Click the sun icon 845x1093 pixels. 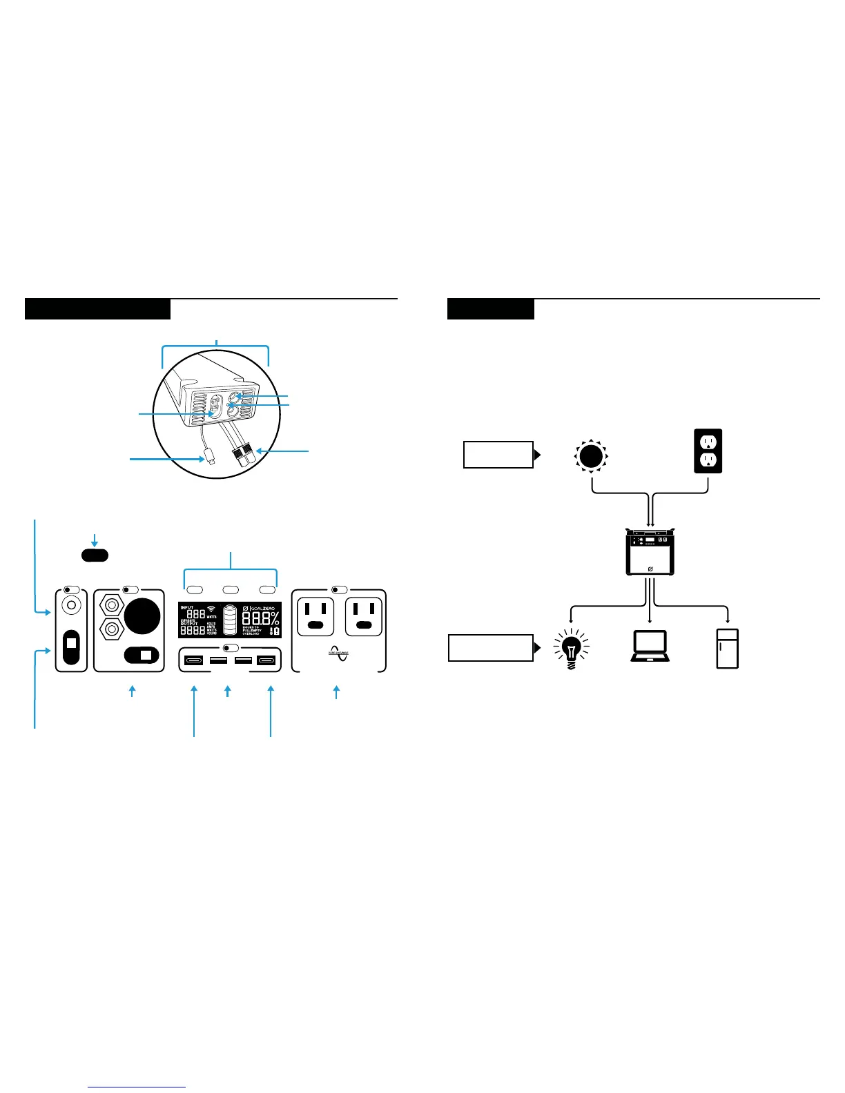(x=590, y=456)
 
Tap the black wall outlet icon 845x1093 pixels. (x=708, y=451)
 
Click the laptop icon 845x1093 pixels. (x=650, y=646)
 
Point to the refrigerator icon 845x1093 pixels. (x=728, y=648)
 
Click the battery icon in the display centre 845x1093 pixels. (x=230, y=620)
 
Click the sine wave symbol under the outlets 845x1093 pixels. (x=339, y=653)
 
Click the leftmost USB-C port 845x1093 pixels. (x=193, y=660)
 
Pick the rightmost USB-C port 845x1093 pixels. (x=266, y=660)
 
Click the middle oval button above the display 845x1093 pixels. (x=231, y=590)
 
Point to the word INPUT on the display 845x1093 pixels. (x=187, y=608)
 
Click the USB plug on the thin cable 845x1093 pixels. (x=210, y=457)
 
